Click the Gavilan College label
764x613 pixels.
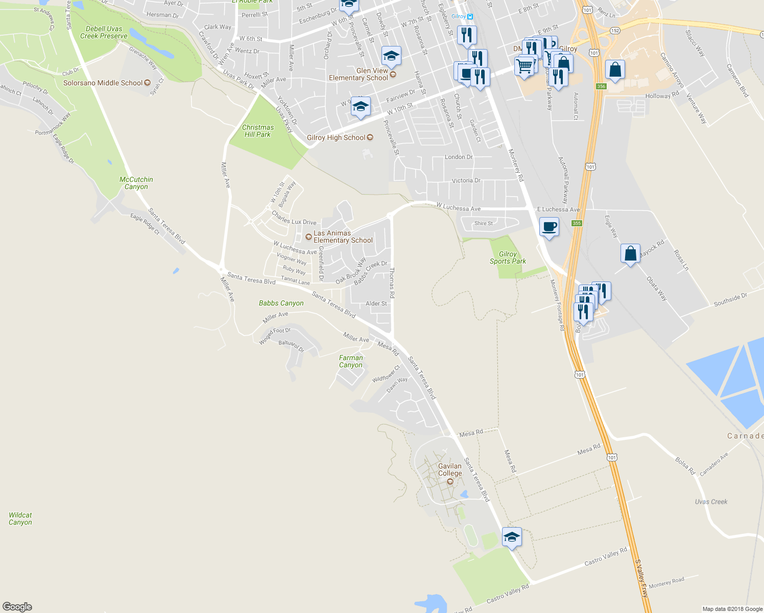click(x=450, y=470)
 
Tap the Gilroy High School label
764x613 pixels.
click(x=336, y=138)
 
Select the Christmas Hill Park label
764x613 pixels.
click(x=258, y=131)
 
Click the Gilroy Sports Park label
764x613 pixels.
click(x=508, y=257)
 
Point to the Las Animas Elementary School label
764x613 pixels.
click(x=343, y=237)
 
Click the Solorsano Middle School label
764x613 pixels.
click(x=103, y=83)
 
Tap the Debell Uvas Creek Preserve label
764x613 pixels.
click(x=104, y=32)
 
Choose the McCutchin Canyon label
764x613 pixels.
click(x=136, y=183)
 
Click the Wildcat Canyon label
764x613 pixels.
click(x=20, y=518)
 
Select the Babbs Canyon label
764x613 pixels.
click(x=281, y=303)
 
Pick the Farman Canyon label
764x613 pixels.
click(x=351, y=361)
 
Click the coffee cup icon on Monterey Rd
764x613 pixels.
click(x=549, y=227)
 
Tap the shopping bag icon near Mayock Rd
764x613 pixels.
click(x=631, y=253)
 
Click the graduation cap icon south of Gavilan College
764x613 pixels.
click(x=512, y=537)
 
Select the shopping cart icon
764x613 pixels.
click(x=524, y=66)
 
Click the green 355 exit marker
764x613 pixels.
click(x=577, y=223)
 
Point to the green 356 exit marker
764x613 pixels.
click(x=601, y=86)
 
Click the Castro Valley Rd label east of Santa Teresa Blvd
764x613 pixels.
click(x=606, y=556)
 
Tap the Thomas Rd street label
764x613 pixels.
click(x=392, y=282)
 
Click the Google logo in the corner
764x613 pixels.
click(x=17, y=606)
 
